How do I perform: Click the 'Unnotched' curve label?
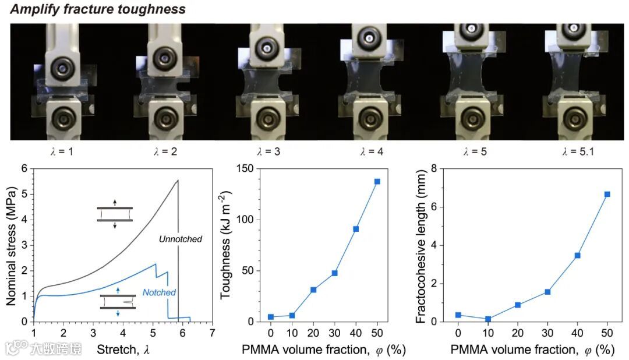(x=181, y=239)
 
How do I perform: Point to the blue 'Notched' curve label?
(x=159, y=292)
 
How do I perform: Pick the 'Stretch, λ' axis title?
(x=119, y=350)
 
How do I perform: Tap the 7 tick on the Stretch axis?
(x=212, y=333)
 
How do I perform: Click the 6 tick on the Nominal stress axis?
(x=24, y=169)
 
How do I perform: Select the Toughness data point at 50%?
(x=377, y=181)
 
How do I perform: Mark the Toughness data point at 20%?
(x=313, y=290)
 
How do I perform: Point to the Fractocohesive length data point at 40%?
(x=577, y=255)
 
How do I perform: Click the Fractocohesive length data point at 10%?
(x=488, y=319)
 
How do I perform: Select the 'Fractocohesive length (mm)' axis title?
(x=420, y=245)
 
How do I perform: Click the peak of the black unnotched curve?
(x=178, y=181)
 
